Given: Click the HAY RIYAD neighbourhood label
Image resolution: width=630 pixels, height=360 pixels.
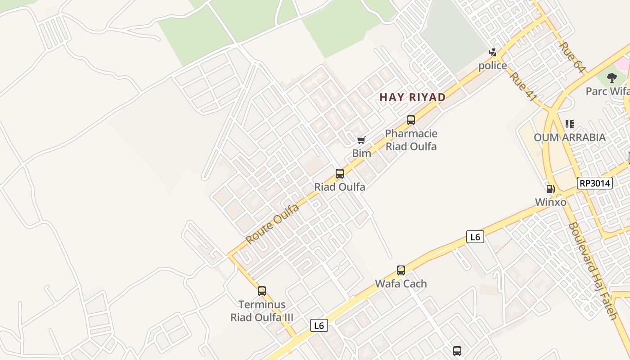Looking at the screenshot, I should tap(413, 97).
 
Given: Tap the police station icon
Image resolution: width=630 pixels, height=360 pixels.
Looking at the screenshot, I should tap(493, 53).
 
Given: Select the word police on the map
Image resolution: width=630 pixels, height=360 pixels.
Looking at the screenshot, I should tap(493, 66).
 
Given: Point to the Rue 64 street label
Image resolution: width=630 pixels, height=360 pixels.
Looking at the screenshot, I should tap(573, 57).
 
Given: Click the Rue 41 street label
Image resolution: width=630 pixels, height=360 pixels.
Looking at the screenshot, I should tap(523, 86).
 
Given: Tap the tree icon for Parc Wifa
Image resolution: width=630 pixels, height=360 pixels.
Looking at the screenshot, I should tap(612, 78).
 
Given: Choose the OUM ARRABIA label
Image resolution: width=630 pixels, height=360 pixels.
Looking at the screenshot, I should tap(570, 137).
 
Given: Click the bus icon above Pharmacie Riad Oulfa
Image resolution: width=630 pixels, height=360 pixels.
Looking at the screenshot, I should tap(411, 120).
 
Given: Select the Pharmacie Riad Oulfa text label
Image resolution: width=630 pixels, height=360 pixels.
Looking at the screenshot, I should tap(411, 140).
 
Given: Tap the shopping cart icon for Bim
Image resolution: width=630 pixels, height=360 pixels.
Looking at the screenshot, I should tap(361, 140).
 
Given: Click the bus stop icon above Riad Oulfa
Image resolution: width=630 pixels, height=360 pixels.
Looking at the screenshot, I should tap(340, 174).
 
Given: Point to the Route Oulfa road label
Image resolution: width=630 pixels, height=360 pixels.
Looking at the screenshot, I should tap(273, 224).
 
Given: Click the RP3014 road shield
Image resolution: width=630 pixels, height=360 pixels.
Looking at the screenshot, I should tap(595, 183).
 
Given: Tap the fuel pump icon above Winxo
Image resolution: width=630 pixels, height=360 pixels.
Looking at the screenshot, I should tap(550, 189).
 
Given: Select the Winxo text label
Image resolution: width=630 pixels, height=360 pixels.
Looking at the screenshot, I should tap(551, 202).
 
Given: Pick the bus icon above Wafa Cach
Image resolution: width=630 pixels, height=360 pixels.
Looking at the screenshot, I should tap(401, 270).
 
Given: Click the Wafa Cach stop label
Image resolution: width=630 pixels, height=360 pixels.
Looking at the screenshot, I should tap(401, 283).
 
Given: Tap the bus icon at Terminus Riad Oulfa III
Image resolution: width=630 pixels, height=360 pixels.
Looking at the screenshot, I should tap(262, 291).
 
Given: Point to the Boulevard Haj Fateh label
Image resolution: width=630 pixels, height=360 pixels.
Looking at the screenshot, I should tap(592, 271).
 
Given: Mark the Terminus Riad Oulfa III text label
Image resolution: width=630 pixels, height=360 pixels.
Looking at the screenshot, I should tap(262, 311).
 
